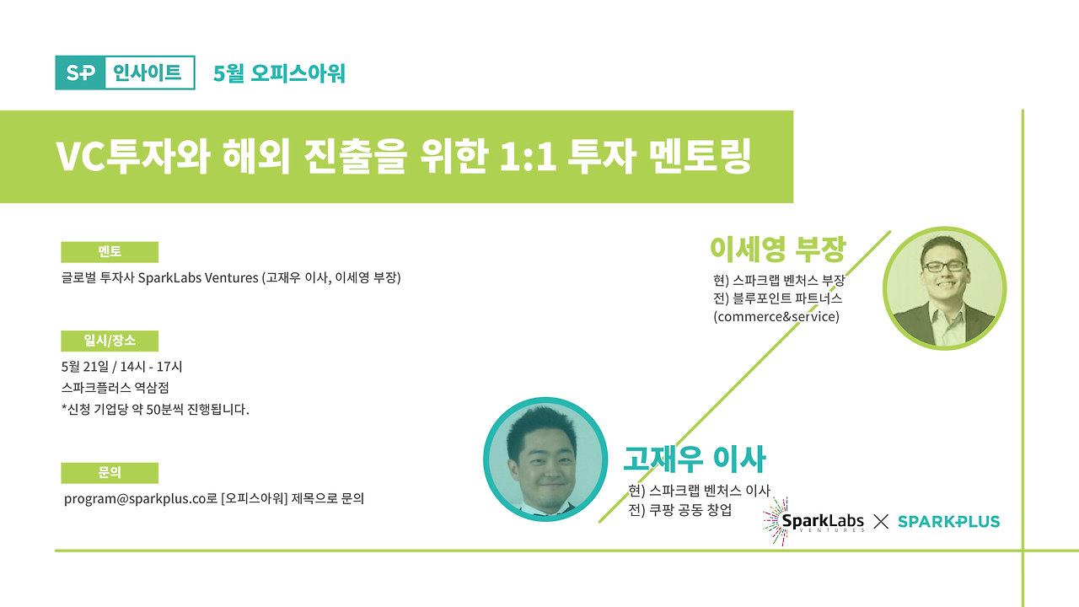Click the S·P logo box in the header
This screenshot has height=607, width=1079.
click(x=80, y=73)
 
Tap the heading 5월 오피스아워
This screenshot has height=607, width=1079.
click(x=279, y=74)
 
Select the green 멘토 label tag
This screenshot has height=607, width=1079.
click(x=110, y=252)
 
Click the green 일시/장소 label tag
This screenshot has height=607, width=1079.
click(x=110, y=341)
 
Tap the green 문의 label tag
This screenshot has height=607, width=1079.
click(x=110, y=473)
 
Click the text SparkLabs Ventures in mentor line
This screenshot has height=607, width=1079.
click(x=198, y=277)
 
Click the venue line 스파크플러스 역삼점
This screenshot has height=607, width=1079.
click(x=115, y=389)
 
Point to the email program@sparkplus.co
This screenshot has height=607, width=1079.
click(x=135, y=498)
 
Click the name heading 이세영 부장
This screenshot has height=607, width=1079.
click(x=776, y=249)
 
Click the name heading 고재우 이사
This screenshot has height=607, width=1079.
click(x=694, y=459)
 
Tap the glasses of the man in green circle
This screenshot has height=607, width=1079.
click(x=944, y=266)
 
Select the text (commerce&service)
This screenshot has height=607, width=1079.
click(x=776, y=317)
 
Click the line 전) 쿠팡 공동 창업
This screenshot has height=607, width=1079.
click(x=680, y=510)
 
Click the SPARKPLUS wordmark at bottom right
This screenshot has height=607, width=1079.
click(x=948, y=522)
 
